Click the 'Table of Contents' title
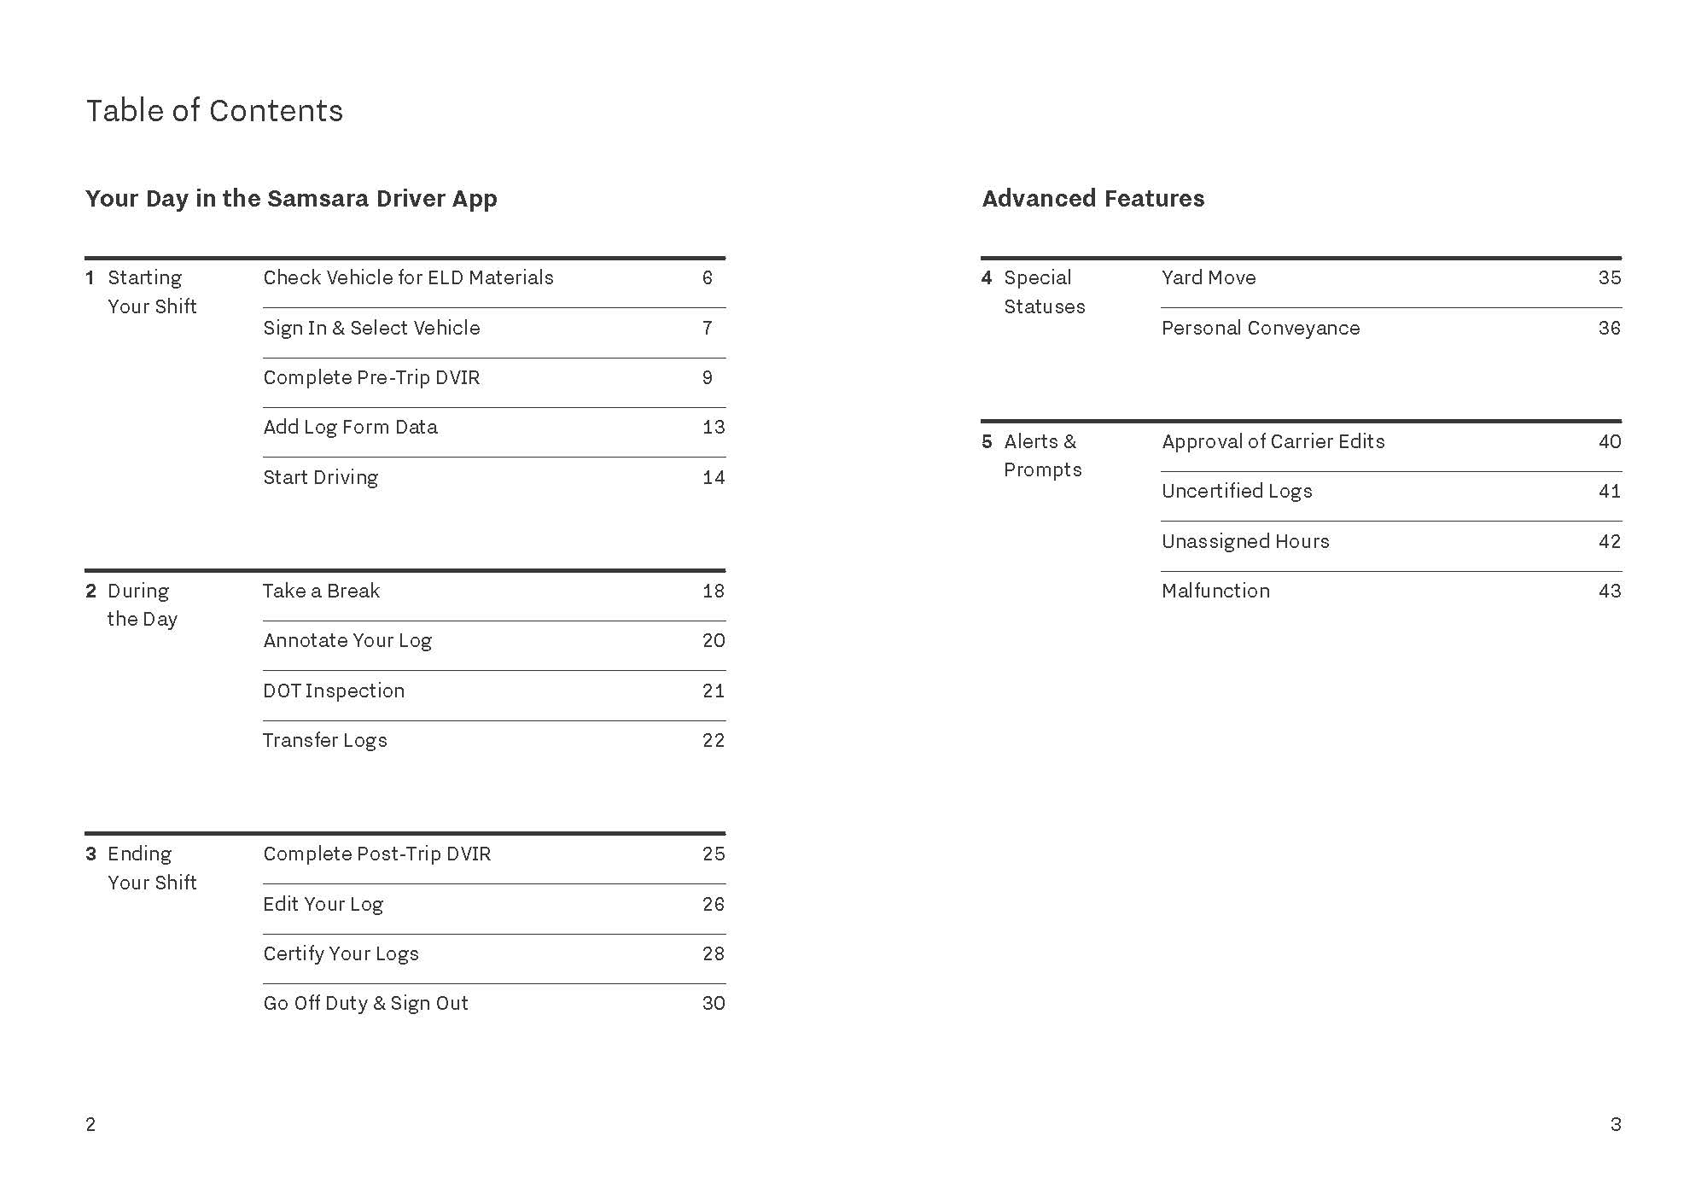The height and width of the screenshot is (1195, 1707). [x=214, y=111]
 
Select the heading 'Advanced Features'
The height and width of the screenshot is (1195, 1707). [x=1092, y=199]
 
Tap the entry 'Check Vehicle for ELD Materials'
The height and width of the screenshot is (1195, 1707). [x=408, y=278]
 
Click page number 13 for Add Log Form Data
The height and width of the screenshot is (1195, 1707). [x=714, y=428]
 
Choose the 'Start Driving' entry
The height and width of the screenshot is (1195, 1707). [x=320, y=478]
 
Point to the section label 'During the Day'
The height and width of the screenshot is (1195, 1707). [x=142, y=605]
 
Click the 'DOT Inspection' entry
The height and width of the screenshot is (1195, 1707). [x=334, y=691]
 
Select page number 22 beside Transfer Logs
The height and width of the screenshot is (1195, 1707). [x=714, y=741]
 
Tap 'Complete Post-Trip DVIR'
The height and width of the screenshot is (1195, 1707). [x=376, y=854]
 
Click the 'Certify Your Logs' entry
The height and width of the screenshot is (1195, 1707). [x=341, y=954]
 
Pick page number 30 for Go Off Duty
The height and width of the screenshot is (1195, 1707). [x=714, y=1004]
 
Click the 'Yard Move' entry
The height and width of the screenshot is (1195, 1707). [x=1209, y=278]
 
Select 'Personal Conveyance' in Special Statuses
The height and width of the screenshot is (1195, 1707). [x=1260, y=329]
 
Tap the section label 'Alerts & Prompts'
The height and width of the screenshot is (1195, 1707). [x=1041, y=456]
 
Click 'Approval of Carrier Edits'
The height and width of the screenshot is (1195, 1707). [x=1273, y=442]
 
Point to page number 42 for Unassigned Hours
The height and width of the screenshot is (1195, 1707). [x=1609, y=542]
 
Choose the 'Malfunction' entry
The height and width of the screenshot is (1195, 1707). [x=1215, y=592]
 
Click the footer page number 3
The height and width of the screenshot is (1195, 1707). [x=1615, y=1125]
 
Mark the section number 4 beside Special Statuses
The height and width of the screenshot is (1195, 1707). [x=987, y=278]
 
